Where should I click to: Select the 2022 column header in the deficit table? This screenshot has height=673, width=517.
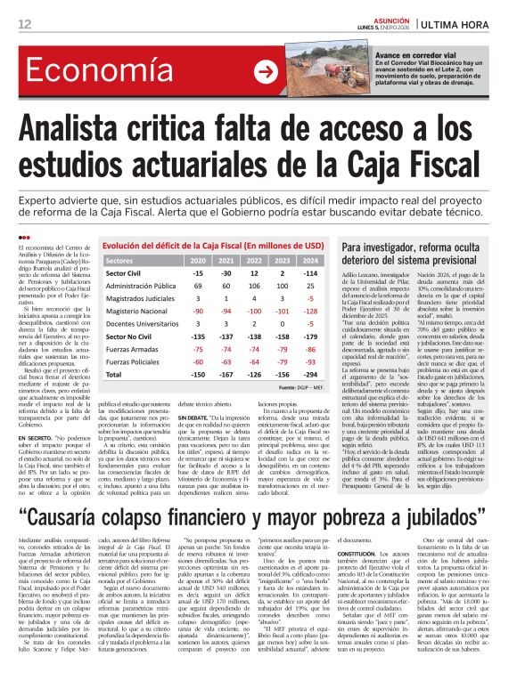pos(255,260)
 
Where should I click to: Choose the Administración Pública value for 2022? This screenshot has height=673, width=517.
pos(255,286)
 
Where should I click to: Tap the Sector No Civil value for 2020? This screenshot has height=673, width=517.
pos(198,337)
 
